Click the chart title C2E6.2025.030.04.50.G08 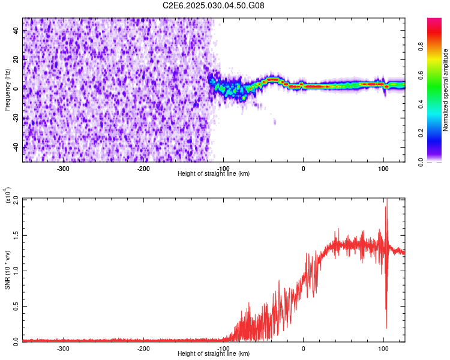(214, 5)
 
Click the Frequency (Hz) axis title (8, 90)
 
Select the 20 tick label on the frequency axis (17, 58)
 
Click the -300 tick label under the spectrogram (64, 168)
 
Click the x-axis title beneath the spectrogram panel (214, 174)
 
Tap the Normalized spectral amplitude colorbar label (445, 90)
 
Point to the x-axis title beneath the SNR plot (214, 354)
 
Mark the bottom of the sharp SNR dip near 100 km (386, 328)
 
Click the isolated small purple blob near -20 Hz (275, 122)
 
